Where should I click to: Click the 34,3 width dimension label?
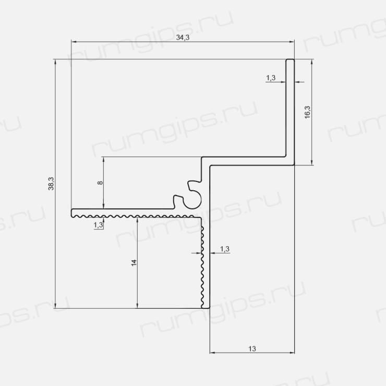[183, 38]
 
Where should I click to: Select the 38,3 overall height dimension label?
[51, 184]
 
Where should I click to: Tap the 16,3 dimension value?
[307, 112]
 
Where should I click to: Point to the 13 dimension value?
[252, 349]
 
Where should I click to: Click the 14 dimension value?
[134, 263]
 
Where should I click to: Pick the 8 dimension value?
[100, 183]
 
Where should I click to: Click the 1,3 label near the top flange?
[271, 78]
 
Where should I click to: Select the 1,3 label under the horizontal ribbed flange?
[98, 225]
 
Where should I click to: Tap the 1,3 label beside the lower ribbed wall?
[224, 249]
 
